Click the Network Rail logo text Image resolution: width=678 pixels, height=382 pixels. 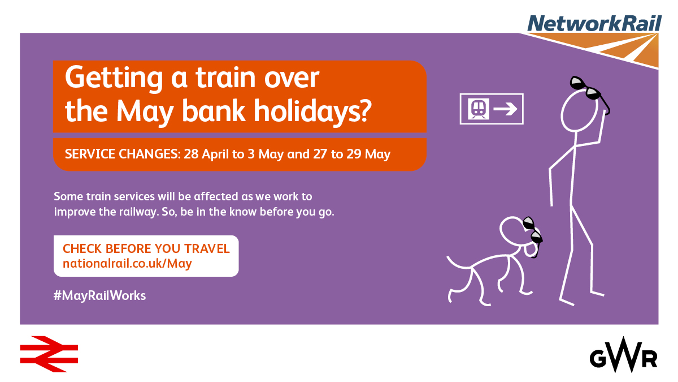coord(594,23)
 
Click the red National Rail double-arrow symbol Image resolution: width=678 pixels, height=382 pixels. coord(49,354)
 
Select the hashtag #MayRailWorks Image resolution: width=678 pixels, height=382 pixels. coord(99,295)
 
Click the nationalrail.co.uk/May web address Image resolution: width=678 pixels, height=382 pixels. coord(127,264)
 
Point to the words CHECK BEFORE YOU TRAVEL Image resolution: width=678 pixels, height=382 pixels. coord(146,248)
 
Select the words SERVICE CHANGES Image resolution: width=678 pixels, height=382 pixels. coord(123,154)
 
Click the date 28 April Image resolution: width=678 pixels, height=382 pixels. coord(206,154)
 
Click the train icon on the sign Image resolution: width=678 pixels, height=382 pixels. coord(478,109)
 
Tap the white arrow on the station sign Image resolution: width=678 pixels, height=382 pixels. coord(505,109)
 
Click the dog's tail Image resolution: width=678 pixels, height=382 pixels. coord(458,264)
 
